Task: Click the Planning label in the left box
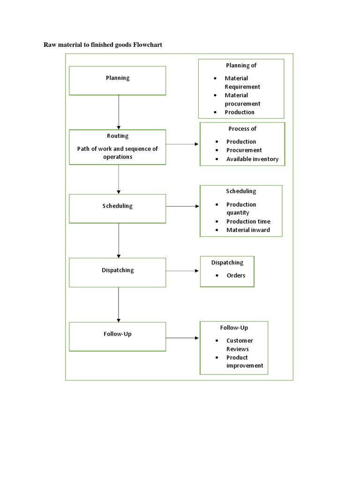(x=118, y=78)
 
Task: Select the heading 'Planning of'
(x=241, y=66)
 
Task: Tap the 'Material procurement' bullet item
(x=242, y=99)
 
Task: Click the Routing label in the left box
(x=118, y=136)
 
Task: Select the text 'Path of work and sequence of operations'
(x=118, y=153)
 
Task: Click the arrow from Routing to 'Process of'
(x=182, y=144)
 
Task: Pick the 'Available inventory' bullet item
(x=252, y=159)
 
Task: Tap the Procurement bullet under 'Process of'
(x=244, y=150)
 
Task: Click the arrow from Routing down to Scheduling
(x=119, y=179)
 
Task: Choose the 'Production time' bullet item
(x=248, y=221)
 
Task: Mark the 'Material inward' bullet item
(x=248, y=230)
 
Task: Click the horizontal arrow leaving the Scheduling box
(x=182, y=206)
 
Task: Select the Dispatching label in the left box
(x=118, y=270)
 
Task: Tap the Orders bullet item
(x=236, y=275)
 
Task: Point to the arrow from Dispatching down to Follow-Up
(x=119, y=304)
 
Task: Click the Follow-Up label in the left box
(x=118, y=334)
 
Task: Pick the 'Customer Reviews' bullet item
(x=240, y=345)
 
